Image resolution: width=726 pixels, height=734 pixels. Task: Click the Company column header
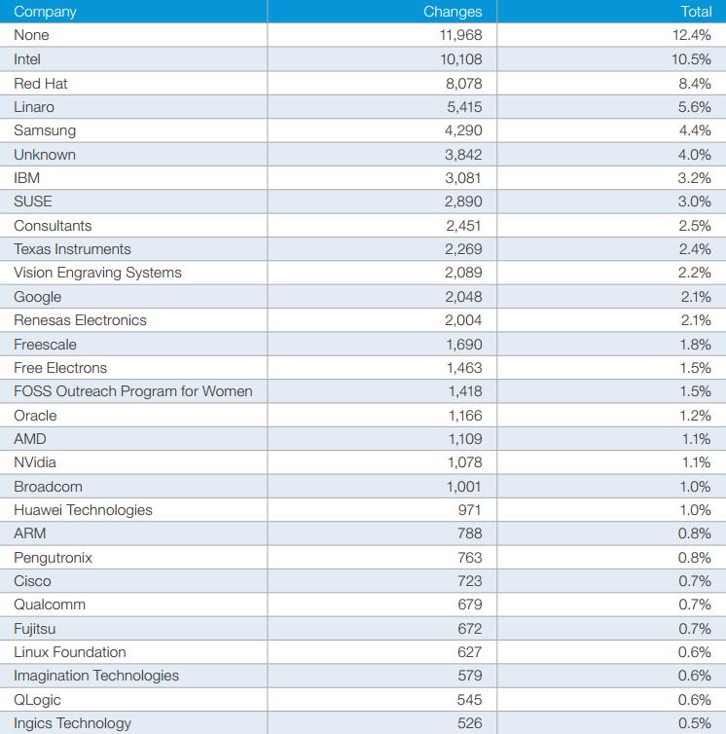(x=45, y=12)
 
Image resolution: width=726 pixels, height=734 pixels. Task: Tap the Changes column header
(x=453, y=12)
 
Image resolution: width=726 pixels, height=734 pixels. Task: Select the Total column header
(x=696, y=12)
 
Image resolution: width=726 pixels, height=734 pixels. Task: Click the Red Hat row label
(x=41, y=84)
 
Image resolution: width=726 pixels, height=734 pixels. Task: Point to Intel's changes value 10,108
(x=461, y=59)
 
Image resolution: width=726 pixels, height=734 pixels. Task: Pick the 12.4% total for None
(x=692, y=35)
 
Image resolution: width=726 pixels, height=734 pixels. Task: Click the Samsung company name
(x=45, y=130)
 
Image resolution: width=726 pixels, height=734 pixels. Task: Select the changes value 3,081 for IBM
(x=463, y=178)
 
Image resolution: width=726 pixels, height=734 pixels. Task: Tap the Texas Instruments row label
(x=73, y=249)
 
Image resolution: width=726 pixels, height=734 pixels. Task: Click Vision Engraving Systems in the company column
(x=98, y=273)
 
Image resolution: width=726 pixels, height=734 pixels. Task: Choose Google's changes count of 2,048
(x=463, y=297)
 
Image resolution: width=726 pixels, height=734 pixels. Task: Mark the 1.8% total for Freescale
(x=696, y=345)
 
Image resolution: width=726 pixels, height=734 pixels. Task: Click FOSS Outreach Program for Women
(x=133, y=391)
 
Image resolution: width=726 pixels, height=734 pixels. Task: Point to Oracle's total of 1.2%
(x=696, y=416)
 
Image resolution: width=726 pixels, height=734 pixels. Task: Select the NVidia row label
(x=35, y=462)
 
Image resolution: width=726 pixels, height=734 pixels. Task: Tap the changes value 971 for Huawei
(x=469, y=510)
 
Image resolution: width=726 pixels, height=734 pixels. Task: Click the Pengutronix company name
(x=54, y=558)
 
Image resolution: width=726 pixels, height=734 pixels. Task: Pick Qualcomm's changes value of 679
(x=469, y=605)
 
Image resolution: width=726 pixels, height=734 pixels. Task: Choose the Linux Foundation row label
(x=70, y=652)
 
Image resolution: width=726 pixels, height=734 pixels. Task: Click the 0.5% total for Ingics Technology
(x=695, y=723)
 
